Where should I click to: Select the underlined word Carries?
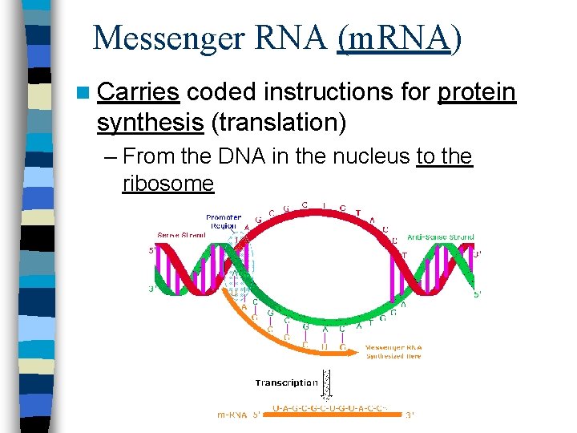pos(137,93)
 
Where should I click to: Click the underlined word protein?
pos(476,93)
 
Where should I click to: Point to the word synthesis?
pos(149,123)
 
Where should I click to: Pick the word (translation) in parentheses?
pos(278,123)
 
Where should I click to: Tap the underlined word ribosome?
pos(168,184)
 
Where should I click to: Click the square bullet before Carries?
pos(85,94)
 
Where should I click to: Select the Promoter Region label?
pos(223,221)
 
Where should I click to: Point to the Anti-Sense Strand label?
pos(441,237)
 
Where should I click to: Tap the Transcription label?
pos(287,382)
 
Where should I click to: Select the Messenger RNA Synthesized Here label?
pos(393,351)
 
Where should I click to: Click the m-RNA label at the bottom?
pos(233,415)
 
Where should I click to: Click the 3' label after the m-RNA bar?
pos(410,415)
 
